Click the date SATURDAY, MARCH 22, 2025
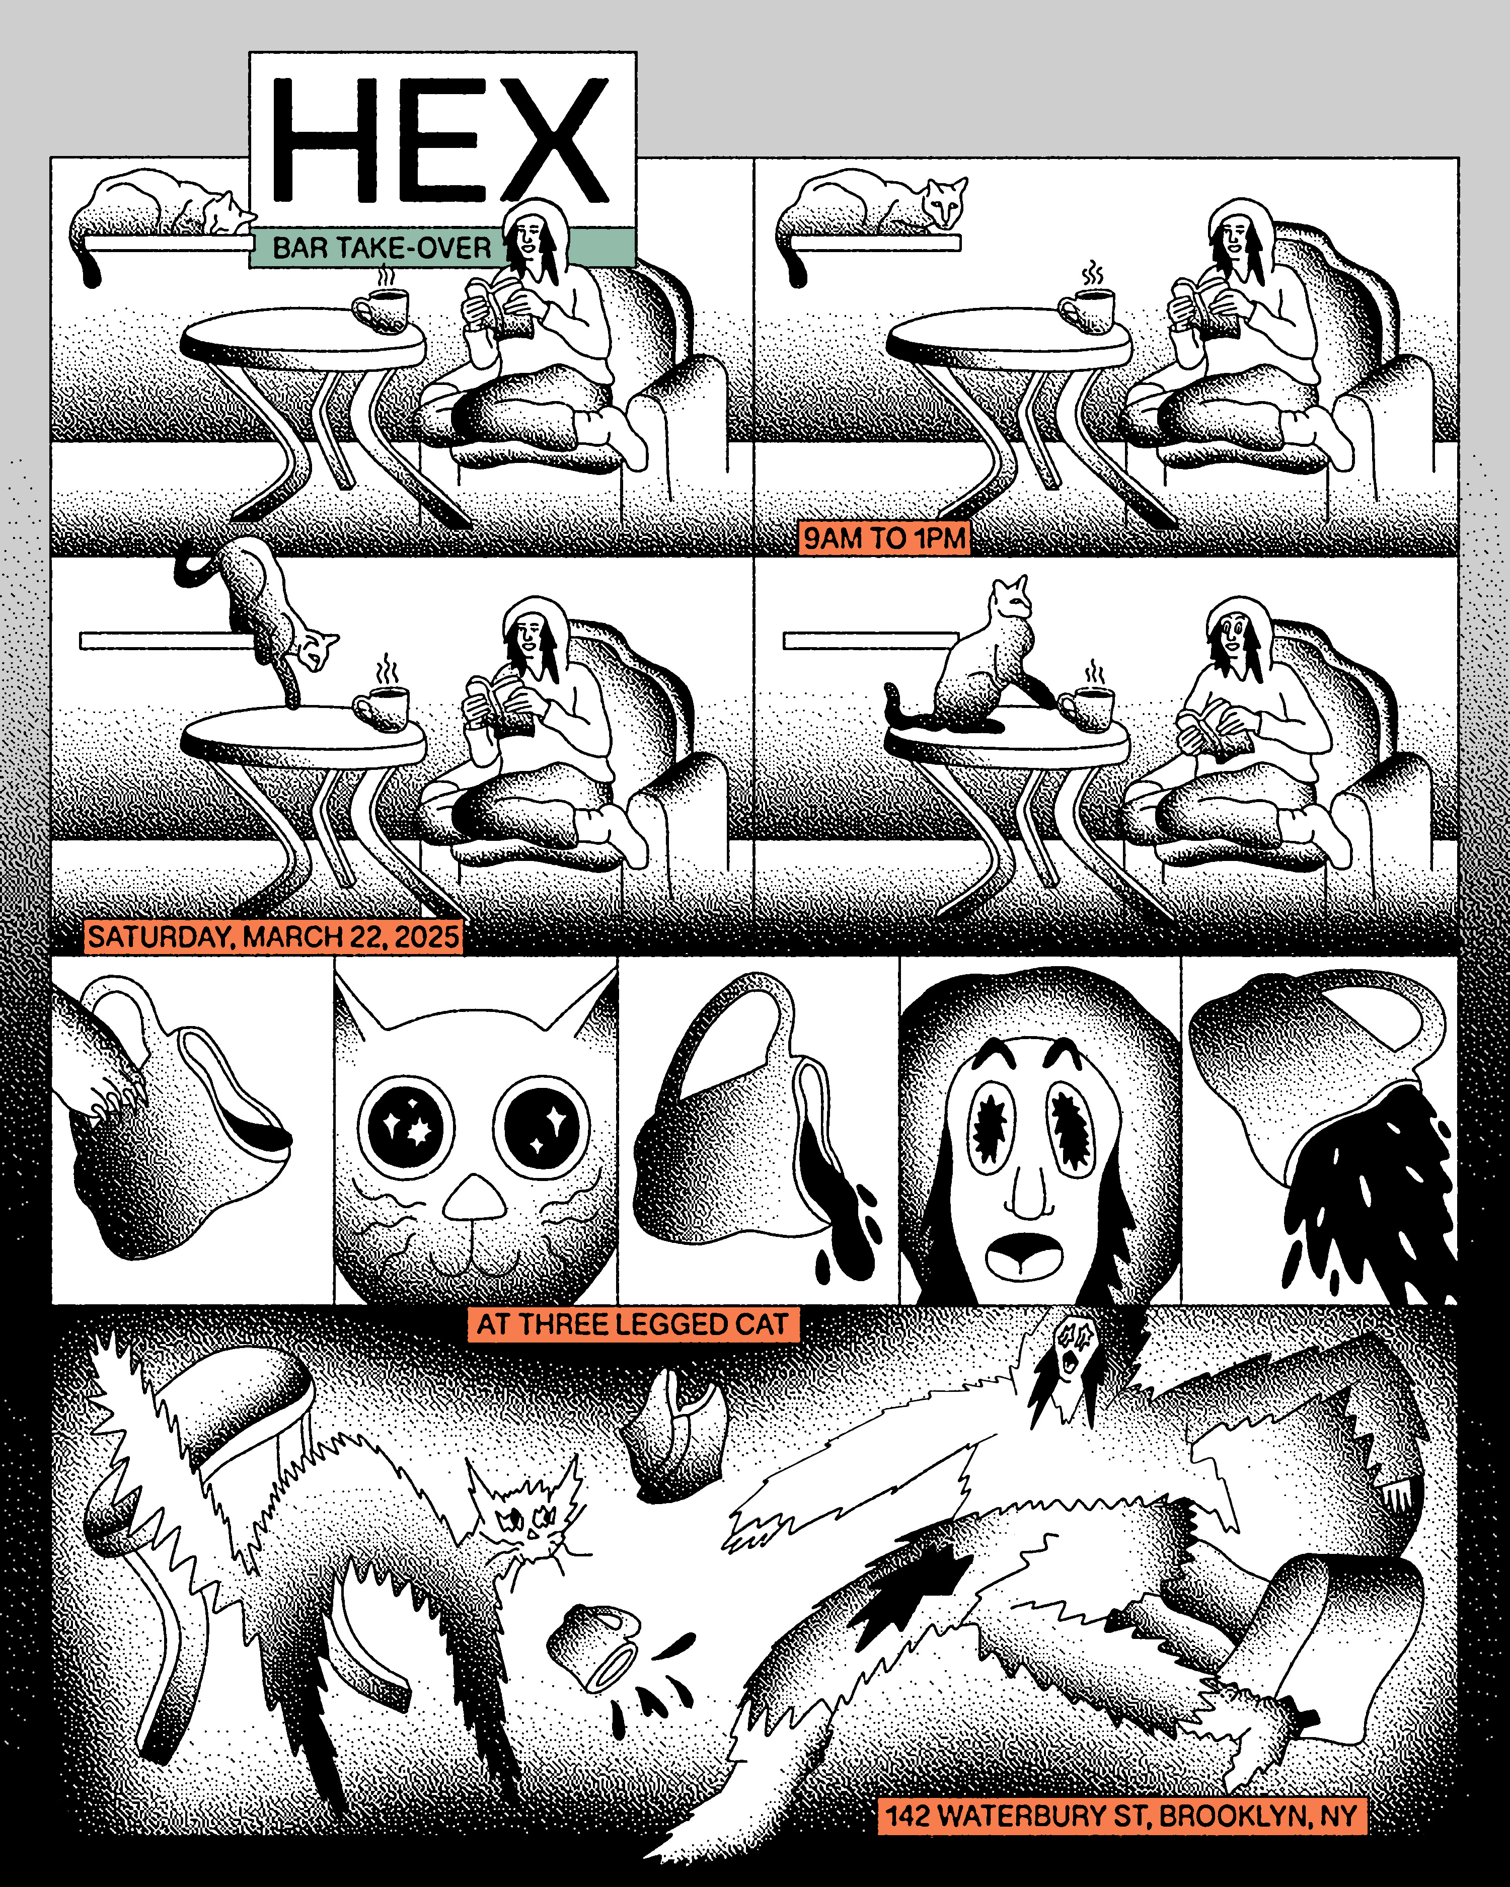(x=273, y=936)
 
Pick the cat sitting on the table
(x=971, y=665)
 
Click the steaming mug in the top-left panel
(x=381, y=306)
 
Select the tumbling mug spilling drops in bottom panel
(x=595, y=1645)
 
